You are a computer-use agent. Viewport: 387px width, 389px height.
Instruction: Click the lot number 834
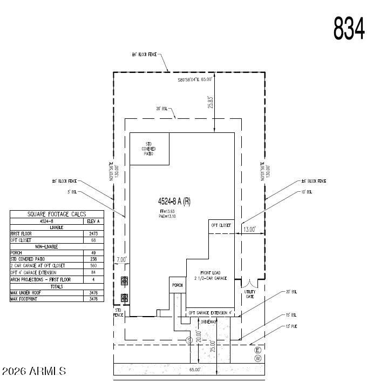[x=349, y=29]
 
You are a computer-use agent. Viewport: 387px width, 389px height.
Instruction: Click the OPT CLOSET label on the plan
[x=221, y=225]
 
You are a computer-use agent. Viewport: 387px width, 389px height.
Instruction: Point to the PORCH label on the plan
[x=177, y=285]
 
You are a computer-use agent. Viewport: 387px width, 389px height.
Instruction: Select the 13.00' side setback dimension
[x=249, y=230]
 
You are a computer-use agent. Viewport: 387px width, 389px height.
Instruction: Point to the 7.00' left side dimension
[x=121, y=260]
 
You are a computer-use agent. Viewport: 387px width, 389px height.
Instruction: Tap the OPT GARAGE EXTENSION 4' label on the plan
[x=210, y=313]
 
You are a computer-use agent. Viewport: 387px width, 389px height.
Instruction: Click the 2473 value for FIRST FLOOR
[x=92, y=234]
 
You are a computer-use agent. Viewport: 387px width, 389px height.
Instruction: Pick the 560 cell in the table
[x=92, y=266]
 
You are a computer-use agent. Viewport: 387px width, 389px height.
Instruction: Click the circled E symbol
[x=257, y=350]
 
